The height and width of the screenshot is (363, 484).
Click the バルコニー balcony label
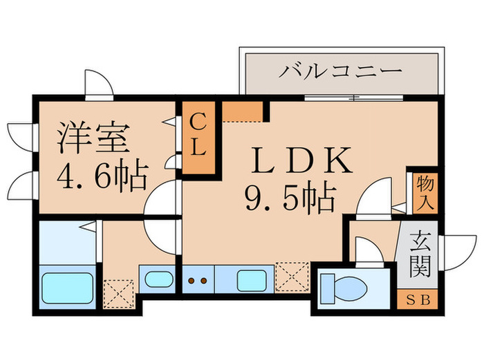point(341,71)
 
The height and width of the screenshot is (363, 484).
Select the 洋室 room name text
point(93,138)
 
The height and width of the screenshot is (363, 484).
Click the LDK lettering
point(302,160)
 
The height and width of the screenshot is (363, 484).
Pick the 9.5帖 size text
point(290,198)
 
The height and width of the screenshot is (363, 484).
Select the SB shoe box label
point(418,300)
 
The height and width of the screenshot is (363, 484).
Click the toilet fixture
point(343,288)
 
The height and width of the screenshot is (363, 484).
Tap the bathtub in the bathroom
point(68,288)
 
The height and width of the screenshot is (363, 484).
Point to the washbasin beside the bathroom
point(159,279)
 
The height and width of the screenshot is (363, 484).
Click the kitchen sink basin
point(252,280)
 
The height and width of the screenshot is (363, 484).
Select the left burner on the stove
point(192,281)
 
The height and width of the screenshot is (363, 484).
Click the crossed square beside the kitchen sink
point(292,277)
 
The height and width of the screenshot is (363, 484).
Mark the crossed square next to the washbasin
point(118,294)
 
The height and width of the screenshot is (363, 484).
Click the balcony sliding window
point(354,98)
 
